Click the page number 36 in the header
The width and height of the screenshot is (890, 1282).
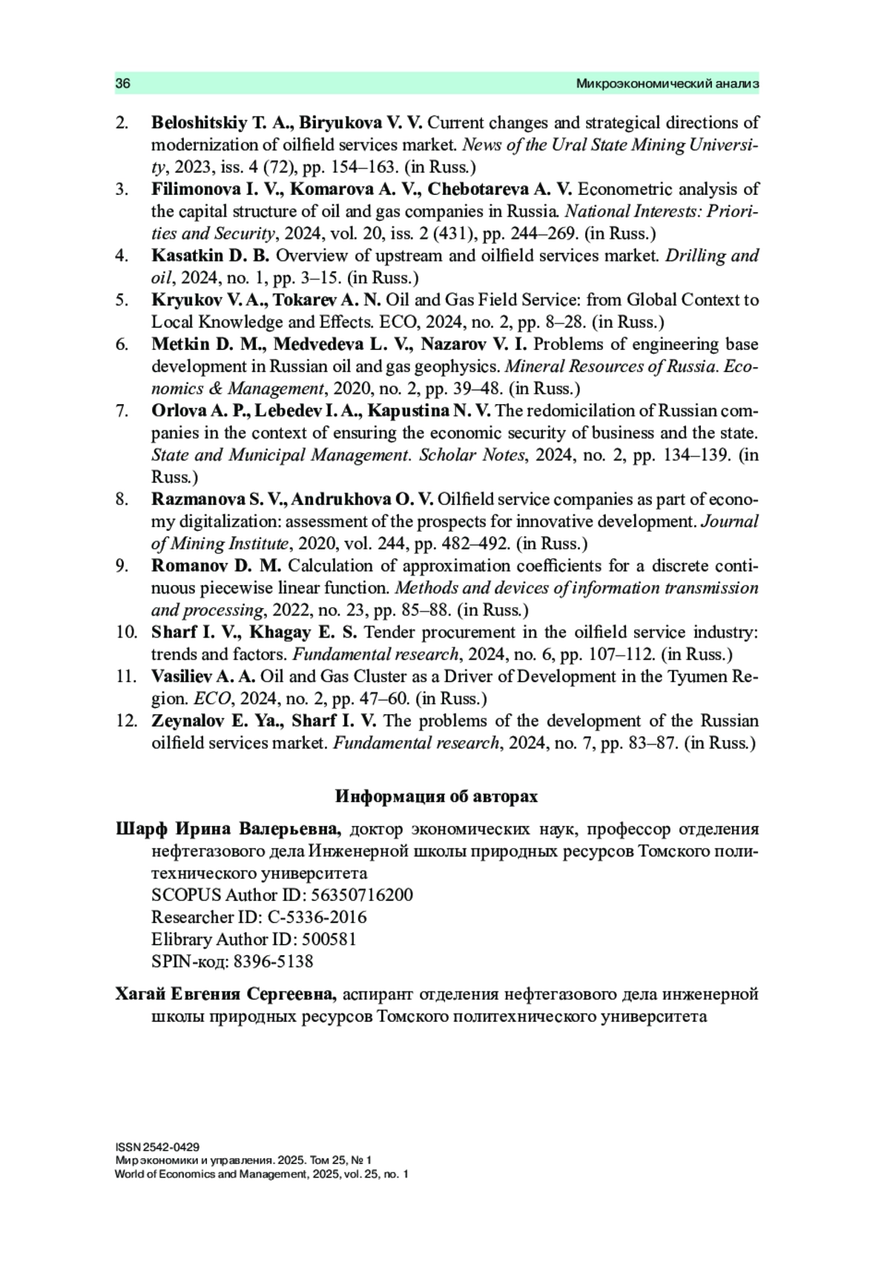click(123, 84)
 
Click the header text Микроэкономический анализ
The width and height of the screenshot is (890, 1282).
click(667, 84)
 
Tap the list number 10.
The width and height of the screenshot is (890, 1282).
click(125, 632)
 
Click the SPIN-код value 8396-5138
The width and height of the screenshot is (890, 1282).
click(273, 962)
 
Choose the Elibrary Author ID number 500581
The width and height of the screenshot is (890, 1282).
click(329, 939)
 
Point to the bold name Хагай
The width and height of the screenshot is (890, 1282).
click(142, 994)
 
